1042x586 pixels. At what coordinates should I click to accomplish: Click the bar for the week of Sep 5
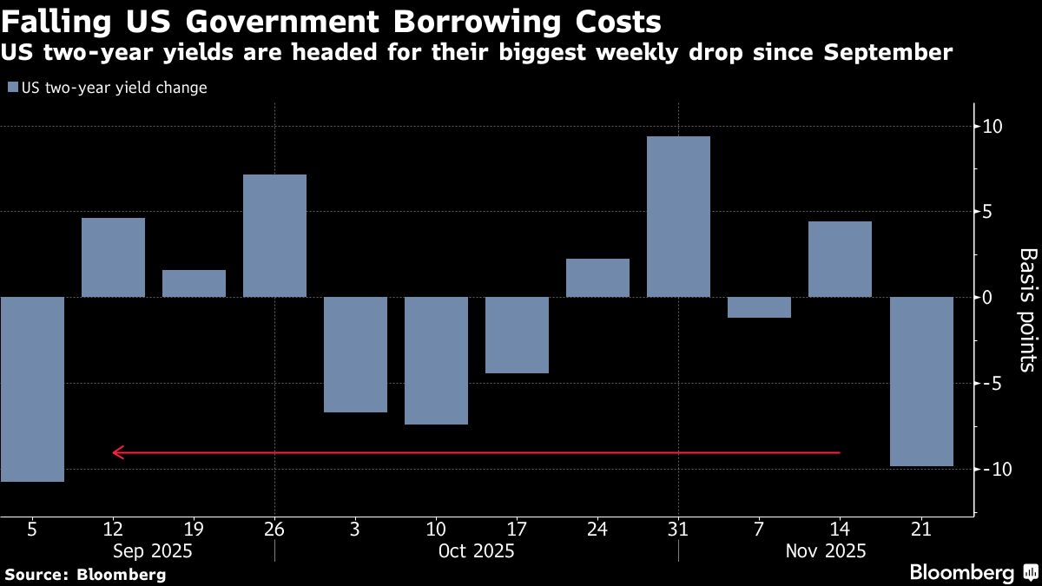pyautogui.click(x=32, y=389)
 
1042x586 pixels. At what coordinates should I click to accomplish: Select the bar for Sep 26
pyautogui.click(x=274, y=235)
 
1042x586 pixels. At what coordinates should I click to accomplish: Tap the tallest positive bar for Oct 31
pyautogui.click(x=678, y=216)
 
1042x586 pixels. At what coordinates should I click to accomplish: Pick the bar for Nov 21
pyautogui.click(x=921, y=381)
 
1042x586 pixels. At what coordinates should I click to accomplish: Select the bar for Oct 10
pyautogui.click(x=436, y=360)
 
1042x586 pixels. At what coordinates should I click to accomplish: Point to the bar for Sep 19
pyautogui.click(x=194, y=283)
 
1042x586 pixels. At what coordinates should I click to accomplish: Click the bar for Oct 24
pyautogui.click(x=597, y=278)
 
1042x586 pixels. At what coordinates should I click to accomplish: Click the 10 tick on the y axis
pyautogui.click(x=992, y=127)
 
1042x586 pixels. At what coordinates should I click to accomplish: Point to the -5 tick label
pyautogui.click(x=992, y=383)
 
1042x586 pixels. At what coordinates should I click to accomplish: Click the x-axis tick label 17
pyautogui.click(x=517, y=529)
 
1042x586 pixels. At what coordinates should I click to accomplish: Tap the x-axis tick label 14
pyautogui.click(x=840, y=529)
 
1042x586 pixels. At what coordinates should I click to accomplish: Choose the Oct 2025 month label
pyautogui.click(x=476, y=551)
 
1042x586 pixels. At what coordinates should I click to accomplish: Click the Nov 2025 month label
pyautogui.click(x=825, y=551)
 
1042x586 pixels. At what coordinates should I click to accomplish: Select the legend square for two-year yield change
pyautogui.click(x=12, y=88)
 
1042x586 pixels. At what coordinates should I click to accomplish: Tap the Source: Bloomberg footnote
pyautogui.click(x=85, y=574)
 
